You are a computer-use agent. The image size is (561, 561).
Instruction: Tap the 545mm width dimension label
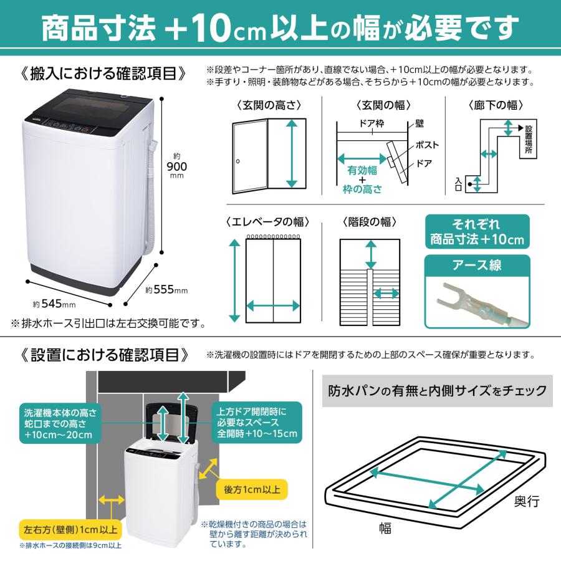(x=54, y=304)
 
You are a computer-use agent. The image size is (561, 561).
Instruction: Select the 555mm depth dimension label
(x=166, y=290)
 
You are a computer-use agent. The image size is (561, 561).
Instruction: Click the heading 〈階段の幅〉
(x=370, y=222)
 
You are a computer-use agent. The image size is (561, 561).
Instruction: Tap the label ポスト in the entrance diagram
(x=427, y=145)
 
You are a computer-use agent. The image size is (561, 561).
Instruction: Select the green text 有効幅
(x=362, y=170)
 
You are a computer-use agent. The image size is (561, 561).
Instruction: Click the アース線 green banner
(x=477, y=266)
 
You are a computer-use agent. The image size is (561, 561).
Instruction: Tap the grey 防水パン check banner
(x=437, y=391)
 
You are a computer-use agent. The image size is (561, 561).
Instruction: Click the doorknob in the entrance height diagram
(x=237, y=162)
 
